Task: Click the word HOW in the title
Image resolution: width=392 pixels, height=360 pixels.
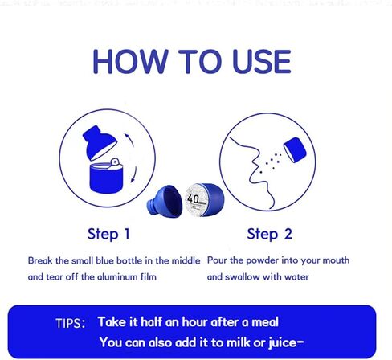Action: pos(131,62)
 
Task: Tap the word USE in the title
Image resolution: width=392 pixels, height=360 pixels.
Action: pos(262,62)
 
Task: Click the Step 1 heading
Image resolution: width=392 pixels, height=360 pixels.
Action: pos(108,234)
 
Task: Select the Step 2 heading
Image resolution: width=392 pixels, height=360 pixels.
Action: pos(269,234)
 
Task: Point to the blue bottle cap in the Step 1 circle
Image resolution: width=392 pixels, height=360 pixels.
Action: pos(99,142)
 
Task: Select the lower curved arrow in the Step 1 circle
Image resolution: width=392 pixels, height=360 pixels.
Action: pos(133,174)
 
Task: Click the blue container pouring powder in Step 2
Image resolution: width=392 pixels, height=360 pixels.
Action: pos(295,149)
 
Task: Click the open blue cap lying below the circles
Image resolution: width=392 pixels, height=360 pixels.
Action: pos(165,202)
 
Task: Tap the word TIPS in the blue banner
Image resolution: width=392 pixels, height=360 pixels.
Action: pos(71,323)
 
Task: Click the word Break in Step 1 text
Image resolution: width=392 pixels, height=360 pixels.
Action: pos(40,260)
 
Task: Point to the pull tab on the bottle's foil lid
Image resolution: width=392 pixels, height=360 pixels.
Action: pos(115,162)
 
